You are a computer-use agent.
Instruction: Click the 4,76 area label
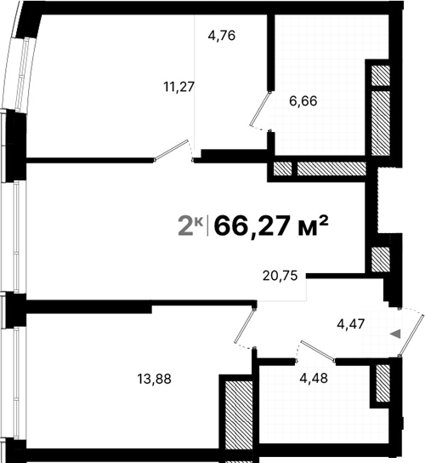click(222, 36)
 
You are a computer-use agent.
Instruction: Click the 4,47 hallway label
click(353, 323)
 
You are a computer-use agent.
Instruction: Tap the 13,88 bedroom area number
click(154, 380)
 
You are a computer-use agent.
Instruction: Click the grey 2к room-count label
click(189, 226)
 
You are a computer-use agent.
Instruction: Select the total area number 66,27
click(251, 226)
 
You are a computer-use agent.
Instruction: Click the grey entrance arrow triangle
click(394, 334)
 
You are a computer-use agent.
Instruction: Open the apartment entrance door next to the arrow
click(411, 332)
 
